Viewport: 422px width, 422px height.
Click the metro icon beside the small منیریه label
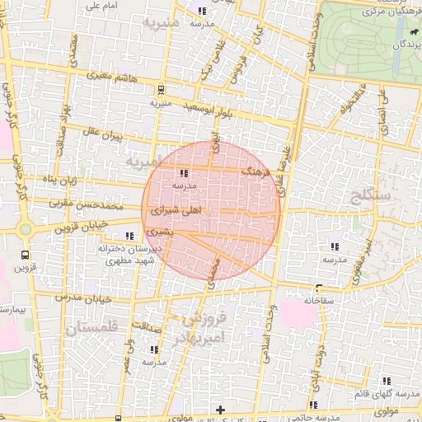click(161, 91)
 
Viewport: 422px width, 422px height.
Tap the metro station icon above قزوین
click(25, 255)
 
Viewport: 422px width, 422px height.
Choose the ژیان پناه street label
click(61, 178)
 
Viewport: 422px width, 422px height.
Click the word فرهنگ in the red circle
click(255, 174)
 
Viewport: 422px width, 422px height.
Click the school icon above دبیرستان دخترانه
click(129, 237)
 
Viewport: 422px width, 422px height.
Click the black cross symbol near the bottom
click(220, 410)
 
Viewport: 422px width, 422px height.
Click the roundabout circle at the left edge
click(25, 228)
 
